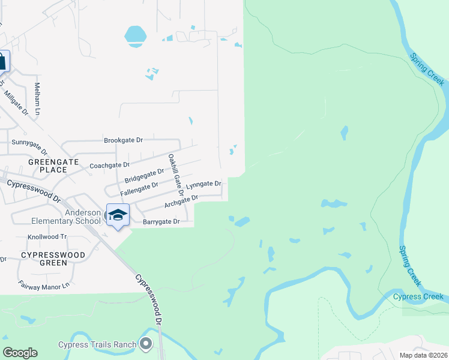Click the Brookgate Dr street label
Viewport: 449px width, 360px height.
(x=123, y=140)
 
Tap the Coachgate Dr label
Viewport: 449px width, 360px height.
(x=109, y=164)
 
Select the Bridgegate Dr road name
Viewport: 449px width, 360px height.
(x=144, y=175)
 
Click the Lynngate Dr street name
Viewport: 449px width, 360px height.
(x=203, y=185)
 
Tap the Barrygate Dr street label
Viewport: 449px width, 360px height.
(x=161, y=221)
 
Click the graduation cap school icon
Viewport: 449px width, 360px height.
(x=118, y=215)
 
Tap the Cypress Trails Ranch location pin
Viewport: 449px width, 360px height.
(x=145, y=344)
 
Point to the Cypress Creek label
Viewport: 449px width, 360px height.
(x=418, y=296)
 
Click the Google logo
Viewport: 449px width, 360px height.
(x=20, y=352)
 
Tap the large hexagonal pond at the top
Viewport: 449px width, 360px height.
(x=135, y=35)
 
